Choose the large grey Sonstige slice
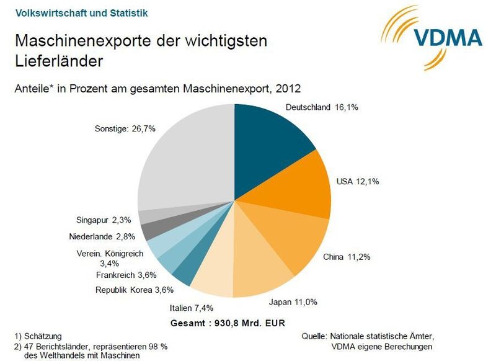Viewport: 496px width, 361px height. (x=186, y=161)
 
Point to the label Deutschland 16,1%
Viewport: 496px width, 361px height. (x=321, y=107)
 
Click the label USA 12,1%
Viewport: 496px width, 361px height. (x=357, y=182)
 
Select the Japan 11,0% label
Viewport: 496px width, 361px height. (x=293, y=302)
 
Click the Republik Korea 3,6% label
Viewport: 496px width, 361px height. (x=134, y=289)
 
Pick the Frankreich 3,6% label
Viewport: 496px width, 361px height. (x=126, y=275)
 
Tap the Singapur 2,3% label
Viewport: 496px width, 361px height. (x=104, y=219)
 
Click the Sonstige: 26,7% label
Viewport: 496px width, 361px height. (x=126, y=129)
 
